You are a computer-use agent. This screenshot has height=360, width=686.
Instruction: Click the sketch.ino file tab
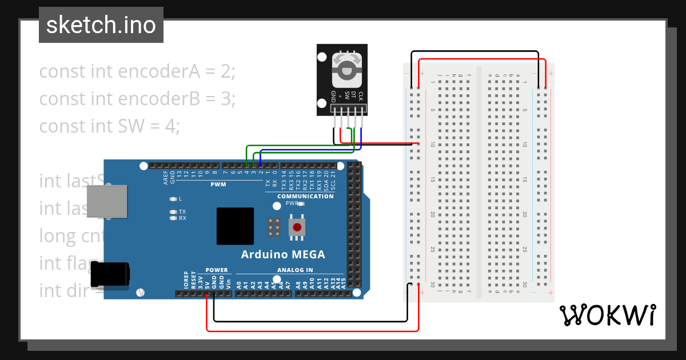tap(101, 25)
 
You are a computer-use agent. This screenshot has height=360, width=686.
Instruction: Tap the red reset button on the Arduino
tap(297, 227)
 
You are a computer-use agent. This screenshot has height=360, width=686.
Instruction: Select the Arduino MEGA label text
tap(282, 254)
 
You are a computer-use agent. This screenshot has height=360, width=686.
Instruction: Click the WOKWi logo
tap(607, 315)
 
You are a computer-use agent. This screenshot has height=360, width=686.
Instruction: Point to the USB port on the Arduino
tap(107, 201)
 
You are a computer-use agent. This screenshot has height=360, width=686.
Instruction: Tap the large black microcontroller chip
tap(235, 226)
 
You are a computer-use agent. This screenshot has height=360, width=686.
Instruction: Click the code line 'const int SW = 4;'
tap(109, 125)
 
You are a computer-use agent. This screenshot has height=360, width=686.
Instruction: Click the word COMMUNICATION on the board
tap(305, 196)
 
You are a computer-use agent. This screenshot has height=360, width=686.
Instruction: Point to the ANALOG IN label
tap(295, 270)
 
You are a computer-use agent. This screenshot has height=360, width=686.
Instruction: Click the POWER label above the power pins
tap(217, 270)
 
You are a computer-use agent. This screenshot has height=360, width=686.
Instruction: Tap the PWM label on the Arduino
tap(218, 184)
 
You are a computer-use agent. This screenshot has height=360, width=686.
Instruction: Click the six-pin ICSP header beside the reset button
tap(274, 227)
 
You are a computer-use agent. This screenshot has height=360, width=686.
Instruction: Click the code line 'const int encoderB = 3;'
tap(137, 98)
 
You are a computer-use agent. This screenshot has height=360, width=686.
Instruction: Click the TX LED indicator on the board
tap(173, 211)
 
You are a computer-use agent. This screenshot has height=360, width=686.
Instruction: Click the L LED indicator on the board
tap(173, 199)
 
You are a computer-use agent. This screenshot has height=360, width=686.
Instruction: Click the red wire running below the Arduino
tap(312, 330)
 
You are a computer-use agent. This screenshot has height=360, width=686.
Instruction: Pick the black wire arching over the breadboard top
tap(474, 51)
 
